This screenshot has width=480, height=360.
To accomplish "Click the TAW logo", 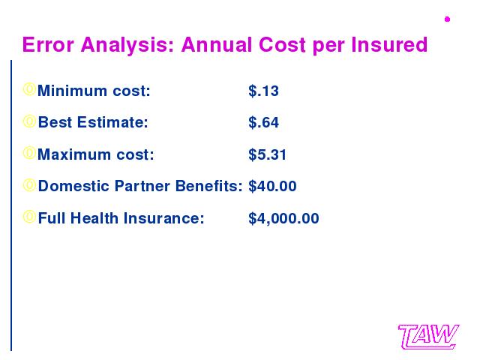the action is [428, 337].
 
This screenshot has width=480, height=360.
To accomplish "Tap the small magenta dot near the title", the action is [447, 19].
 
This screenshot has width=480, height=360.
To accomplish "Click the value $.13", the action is [263, 91].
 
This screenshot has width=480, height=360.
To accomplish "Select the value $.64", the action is [263, 122].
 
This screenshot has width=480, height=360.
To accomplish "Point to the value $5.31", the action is [267, 154].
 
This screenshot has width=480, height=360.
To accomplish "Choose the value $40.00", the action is [272, 186].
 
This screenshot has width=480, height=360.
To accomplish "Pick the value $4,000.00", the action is [283, 218].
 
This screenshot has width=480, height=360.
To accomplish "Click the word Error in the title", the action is [48, 45].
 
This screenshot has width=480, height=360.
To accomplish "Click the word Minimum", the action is [72, 91].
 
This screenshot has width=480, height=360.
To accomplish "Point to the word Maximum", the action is [74, 154].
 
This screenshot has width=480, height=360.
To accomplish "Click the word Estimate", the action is [112, 122].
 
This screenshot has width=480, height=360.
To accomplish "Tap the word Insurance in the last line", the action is [163, 218].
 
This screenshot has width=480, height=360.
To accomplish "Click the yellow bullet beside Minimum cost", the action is [29, 89].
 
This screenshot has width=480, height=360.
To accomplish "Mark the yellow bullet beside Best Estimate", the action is [29, 121].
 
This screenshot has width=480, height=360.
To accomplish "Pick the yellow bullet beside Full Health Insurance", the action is [29, 217].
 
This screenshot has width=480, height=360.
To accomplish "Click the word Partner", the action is [142, 186].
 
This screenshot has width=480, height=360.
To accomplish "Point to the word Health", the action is [94, 218].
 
